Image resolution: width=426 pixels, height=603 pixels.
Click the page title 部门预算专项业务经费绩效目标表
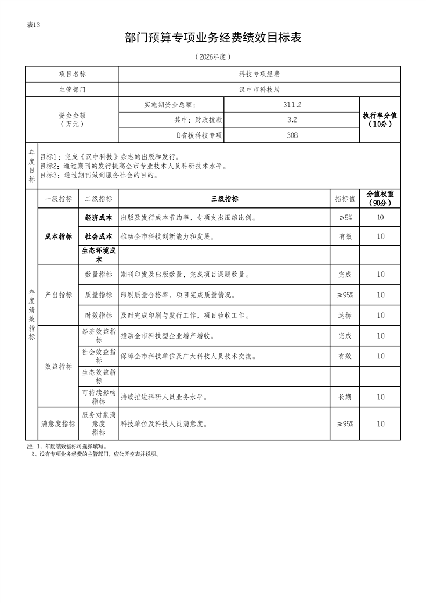point(213,38)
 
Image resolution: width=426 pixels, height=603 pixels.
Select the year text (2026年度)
point(213,56)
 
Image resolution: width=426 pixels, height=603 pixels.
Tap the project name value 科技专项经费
point(259,74)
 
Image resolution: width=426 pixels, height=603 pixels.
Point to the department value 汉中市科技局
point(259,89)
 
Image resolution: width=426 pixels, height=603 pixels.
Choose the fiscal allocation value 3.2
point(292,120)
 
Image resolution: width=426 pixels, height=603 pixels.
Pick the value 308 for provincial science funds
point(292,135)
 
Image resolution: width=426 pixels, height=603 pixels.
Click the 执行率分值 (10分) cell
point(380,120)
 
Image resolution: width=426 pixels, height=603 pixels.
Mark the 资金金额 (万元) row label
point(72,119)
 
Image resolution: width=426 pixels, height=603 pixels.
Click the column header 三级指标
point(225,199)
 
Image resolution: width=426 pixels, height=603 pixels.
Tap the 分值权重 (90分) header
point(380,198)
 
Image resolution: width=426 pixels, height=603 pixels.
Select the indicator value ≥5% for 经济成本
point(345,218)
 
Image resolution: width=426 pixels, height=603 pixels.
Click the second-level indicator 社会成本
point(98,236)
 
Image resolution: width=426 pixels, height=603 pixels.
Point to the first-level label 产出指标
point(58,295)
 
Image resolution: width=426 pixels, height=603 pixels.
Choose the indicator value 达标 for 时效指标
point(345,315)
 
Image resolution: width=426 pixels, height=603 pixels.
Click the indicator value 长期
point(345,397)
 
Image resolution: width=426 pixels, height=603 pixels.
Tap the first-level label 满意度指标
point(58,424)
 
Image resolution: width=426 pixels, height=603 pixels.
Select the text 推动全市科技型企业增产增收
point(168,336)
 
